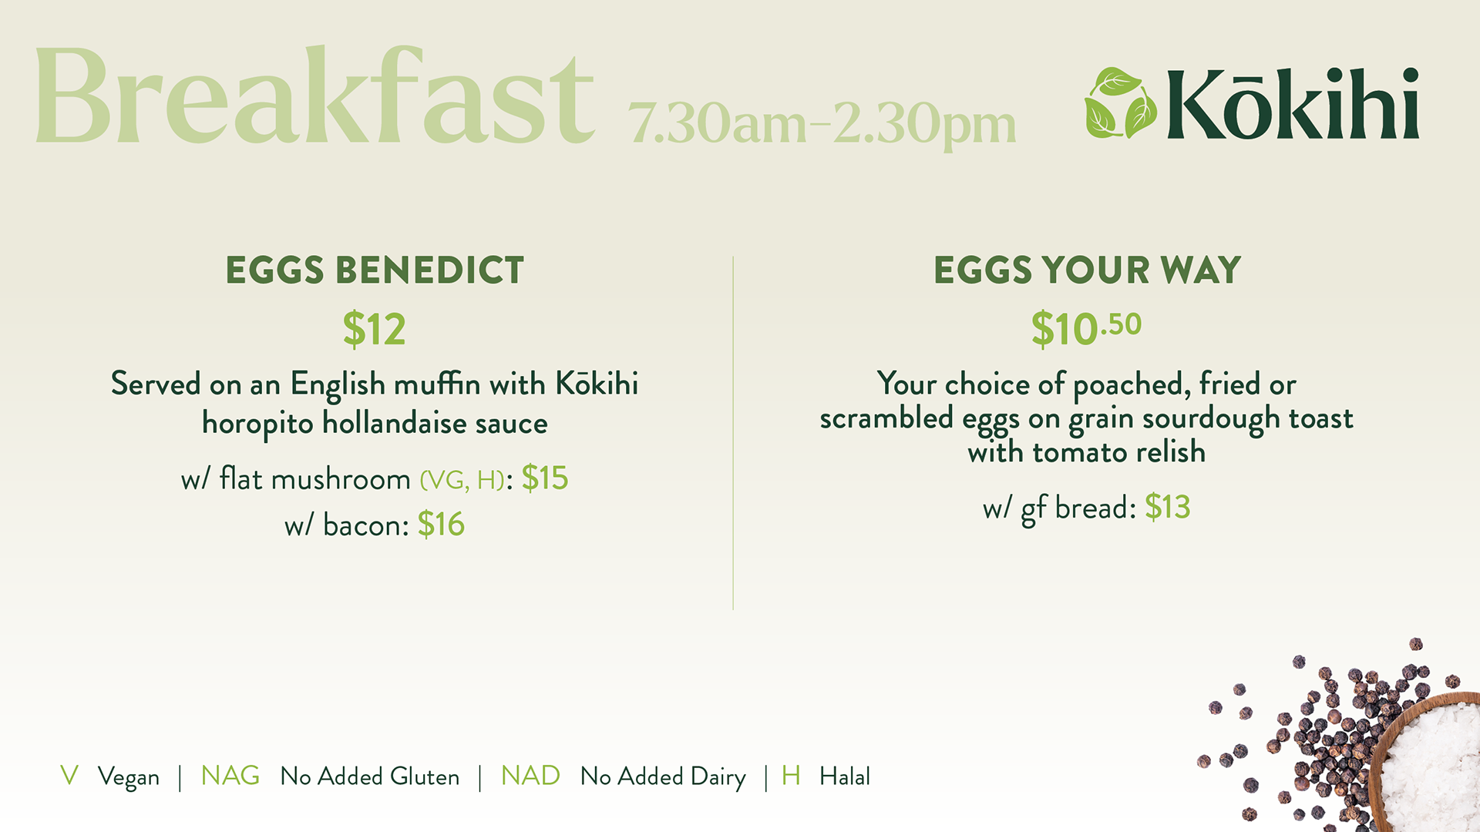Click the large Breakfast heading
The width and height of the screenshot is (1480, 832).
314,96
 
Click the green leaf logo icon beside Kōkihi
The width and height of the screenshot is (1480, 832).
1121,103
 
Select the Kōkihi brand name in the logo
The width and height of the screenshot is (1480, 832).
1293,103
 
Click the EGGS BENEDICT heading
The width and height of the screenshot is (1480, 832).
375,270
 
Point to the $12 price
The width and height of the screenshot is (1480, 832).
375,329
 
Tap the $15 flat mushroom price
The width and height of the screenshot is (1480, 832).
545,478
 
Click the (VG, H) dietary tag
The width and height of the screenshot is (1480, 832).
462,480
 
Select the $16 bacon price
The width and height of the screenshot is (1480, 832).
441,525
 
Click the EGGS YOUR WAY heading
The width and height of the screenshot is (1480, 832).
1087,270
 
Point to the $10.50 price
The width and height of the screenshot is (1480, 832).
1086,329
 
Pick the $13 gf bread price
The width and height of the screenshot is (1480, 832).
1168,507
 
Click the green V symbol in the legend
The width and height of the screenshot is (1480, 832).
69,775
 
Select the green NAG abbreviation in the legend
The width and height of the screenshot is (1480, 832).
230,775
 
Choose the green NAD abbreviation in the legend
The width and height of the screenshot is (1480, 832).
530,775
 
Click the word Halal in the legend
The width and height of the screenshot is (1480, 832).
845,776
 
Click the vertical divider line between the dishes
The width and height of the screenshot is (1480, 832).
733,433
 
